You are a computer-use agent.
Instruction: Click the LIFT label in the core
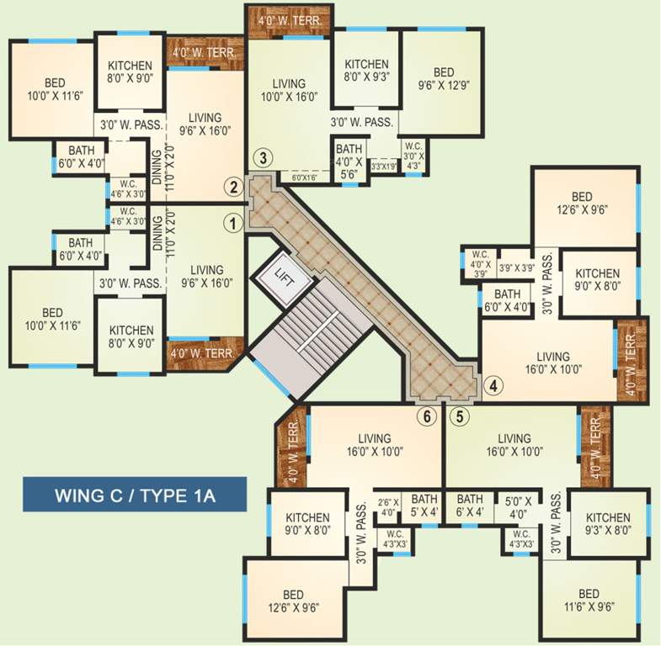(284, 275)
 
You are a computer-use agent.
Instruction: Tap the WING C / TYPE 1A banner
(135, 495)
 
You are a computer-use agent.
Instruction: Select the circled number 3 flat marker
(264, 157)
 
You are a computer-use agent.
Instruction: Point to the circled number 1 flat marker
(232, 222)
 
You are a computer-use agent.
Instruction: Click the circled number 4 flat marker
(494, 385)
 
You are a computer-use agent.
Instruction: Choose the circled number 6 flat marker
(428, 416)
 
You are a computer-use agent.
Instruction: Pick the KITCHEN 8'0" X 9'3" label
(366, 71)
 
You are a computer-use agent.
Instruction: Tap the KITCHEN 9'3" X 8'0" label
(608, 524)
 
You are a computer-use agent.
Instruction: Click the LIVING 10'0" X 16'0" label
(289, 90)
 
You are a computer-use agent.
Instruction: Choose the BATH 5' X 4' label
(424, 505)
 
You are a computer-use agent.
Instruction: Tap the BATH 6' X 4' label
(470, 505)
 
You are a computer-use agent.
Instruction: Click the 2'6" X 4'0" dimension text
(388, 506)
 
